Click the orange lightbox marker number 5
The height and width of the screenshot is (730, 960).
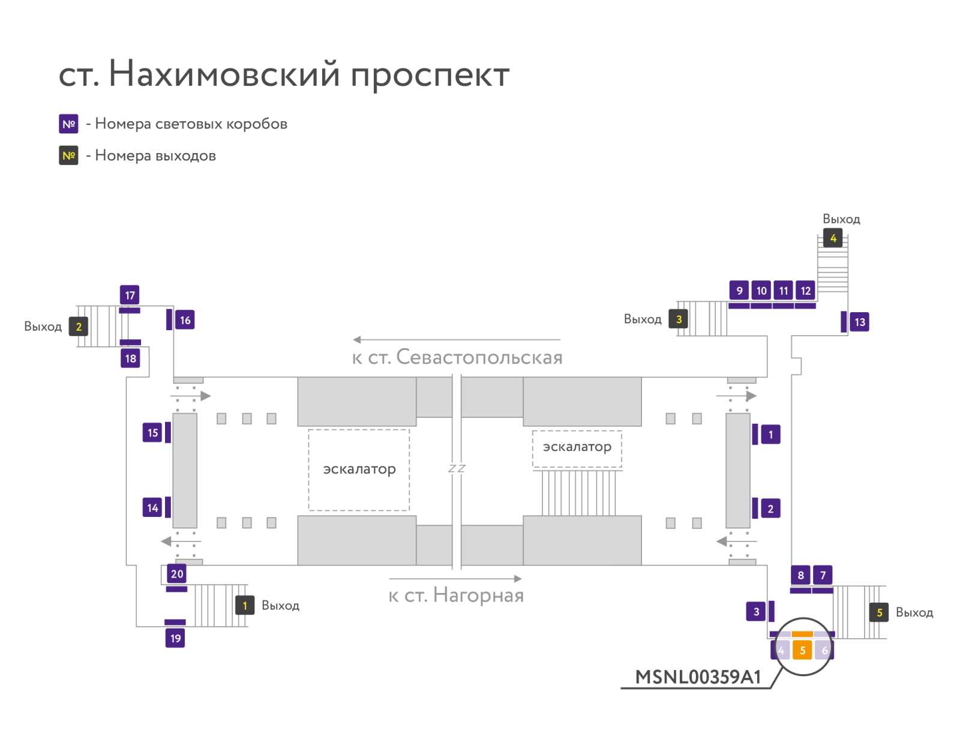pyautogui.click(x=802, y=650)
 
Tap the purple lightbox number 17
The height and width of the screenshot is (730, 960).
pyautogui.click(x=130, y=295)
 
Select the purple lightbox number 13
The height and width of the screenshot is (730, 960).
pyautogui.click(x=859, y=322)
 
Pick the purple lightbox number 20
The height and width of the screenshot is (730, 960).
pyautogui.click(x=176, y=573)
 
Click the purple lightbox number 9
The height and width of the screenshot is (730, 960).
pyautogui.click(x=739, y=291)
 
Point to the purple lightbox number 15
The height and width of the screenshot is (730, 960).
pyautogui.click(x=152, y=433)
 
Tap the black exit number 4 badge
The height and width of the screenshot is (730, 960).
pyautogui.click(x=833, y=238)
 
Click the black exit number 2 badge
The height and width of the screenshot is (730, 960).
pyautogui.click(x=79, y=327)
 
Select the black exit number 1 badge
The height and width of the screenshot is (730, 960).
pyautogui.click(x=245, y=605)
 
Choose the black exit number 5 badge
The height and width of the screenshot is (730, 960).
pyautogui.click(x=879, y=612)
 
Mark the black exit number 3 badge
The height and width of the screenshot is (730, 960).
pyautogui.click(x=679, y=319)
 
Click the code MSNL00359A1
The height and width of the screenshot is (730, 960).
pyautogui.click(x=698, y=677)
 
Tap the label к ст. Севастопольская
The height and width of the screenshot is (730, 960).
pyautogui.click(x=457, y=357)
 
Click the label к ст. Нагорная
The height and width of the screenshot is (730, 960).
pyautogui.click(x=456, y=595)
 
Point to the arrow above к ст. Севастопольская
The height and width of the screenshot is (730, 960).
pyautogui.click(x=457, y=339)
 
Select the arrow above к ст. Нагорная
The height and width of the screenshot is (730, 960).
pyautogui.click(x=455, y=579)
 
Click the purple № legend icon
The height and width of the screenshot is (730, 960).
pyautogui.click(x=68, y=124)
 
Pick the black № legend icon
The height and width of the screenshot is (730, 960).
pyautogui.click(x=68, y=155)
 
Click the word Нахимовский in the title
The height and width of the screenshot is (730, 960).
pyautogui.click(x=224, y=73)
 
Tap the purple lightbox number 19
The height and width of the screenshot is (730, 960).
pyautogui.click(x=175, y=638)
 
